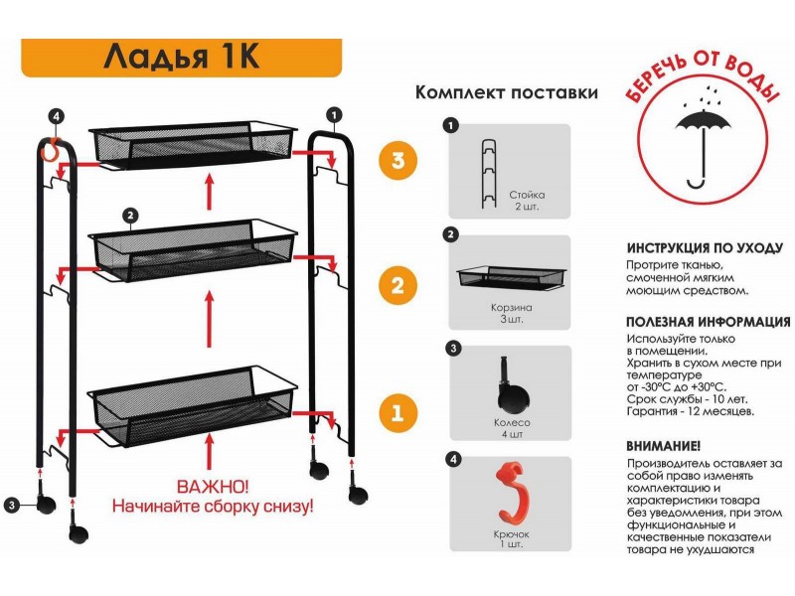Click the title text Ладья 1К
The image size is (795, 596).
(x=181, y=57)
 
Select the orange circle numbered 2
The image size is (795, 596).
(x=397, y=287)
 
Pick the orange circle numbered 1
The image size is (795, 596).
(x=397, y=411)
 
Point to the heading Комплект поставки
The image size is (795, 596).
(x=507, y=93)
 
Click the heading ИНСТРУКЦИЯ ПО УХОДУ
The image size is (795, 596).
(x=705, y=248)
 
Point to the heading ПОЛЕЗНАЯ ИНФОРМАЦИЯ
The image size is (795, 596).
(x=709, y=322)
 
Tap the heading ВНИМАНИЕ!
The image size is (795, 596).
(x=664, y=446)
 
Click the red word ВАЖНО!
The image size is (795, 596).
(x=213, y=488)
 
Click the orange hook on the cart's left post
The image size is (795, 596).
(x=46, y=152)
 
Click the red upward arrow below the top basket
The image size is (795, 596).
(x=209, y=191)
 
